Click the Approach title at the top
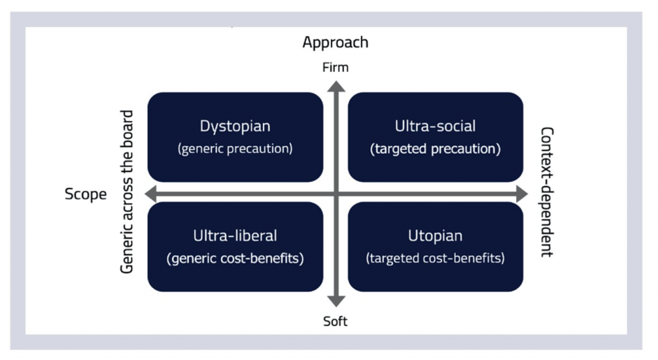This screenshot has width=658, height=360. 335,43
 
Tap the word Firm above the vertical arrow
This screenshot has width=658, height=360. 335,67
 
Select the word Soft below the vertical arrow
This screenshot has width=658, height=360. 335,321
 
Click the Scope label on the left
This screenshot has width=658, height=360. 85,194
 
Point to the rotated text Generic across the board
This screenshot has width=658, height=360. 127,192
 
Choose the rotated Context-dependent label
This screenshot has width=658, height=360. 547,192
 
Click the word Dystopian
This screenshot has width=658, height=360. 235,126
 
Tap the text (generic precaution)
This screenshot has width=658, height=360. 235,148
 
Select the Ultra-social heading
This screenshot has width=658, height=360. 435,126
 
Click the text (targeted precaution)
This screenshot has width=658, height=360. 435,148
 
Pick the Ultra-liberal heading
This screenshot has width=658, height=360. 235,236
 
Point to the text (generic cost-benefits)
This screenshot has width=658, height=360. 235,258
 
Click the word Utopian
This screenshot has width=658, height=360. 435,236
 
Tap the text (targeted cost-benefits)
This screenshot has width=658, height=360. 435,258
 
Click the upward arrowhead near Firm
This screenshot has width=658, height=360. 336,86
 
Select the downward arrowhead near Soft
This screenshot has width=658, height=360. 336,301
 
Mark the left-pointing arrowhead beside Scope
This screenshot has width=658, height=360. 150,194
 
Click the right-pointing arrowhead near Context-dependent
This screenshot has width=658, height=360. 522,194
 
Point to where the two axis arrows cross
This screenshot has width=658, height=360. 336,194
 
